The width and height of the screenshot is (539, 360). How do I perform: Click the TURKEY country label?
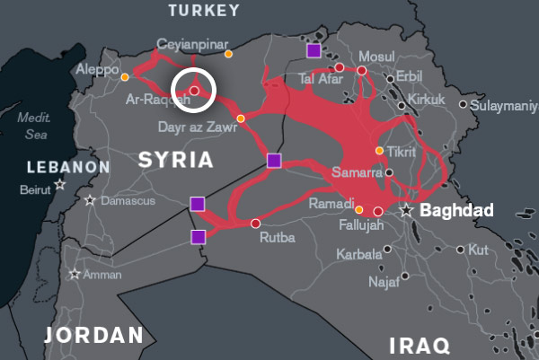[x=205, y=11]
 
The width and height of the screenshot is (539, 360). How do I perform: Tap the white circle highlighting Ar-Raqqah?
[x=193, y=90]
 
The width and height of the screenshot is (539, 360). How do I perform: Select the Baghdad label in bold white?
[x=456, y=210]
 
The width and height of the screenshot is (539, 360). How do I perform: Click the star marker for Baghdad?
[x=407, y=210]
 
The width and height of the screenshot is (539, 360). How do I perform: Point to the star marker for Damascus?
[x=90, y=200]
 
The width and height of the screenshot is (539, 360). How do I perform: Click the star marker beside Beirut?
[x=60, y=184]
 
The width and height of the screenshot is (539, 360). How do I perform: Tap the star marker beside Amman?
[x=75, y=275]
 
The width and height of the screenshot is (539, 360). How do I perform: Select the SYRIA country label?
[x=175, y=161]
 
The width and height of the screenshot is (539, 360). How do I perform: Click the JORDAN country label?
[x=94, y=336]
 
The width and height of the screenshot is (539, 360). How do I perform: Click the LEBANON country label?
[x=67, y=167]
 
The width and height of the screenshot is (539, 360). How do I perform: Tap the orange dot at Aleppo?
[x=124, y=77]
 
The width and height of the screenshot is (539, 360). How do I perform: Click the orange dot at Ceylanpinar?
[x=228, y=54]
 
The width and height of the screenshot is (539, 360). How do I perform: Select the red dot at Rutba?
[x=255, y=223]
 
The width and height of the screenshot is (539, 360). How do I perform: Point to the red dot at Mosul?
[x=362, y=70]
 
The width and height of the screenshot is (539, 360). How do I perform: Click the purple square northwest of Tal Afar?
[x=313, y=50]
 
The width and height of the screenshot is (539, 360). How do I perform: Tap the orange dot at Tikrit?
[x=380, y=150]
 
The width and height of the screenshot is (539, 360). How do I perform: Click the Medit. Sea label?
[x=36, y=126]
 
